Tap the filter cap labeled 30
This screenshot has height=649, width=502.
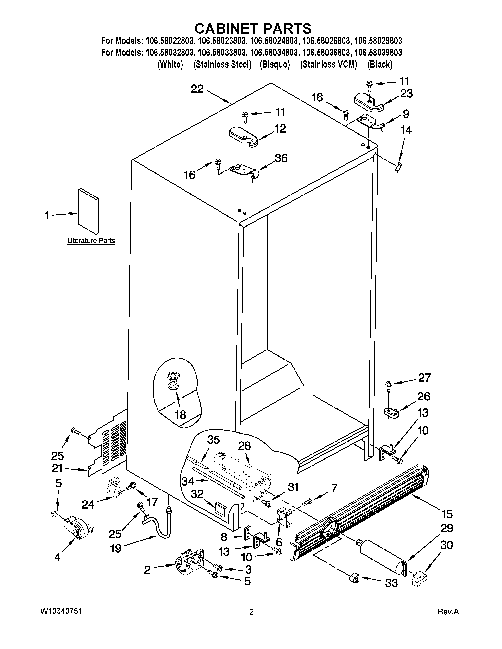coord(420,587)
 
